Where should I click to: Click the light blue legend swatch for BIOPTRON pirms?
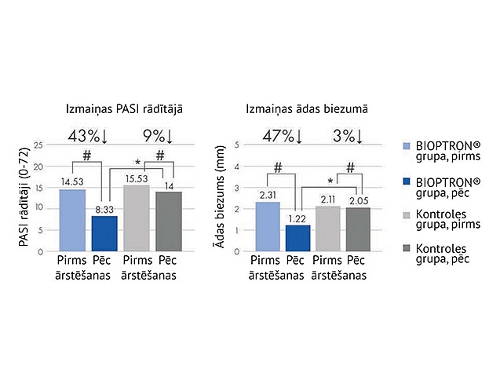tap(406, 147)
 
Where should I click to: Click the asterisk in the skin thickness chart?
tap(331, 180)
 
